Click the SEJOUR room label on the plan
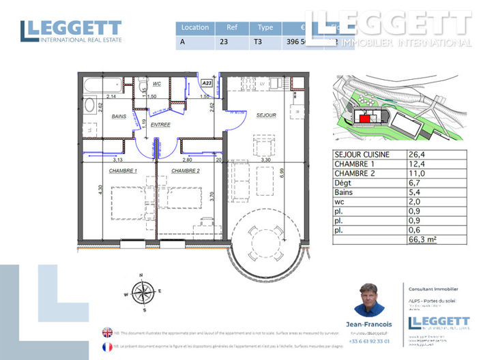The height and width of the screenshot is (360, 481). coord(266,115)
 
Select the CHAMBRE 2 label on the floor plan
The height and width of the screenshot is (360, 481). coord(186,170)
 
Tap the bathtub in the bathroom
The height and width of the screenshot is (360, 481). coord(102,87)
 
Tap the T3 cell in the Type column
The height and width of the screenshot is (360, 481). coord(257,42)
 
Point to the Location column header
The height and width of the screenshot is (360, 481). coord(194,28)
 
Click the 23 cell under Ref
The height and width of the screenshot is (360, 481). coord(224,42)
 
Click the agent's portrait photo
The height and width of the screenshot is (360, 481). coord(370,299)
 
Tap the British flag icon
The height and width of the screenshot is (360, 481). coord(107,332)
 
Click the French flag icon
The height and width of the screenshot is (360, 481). coord(107,346)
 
